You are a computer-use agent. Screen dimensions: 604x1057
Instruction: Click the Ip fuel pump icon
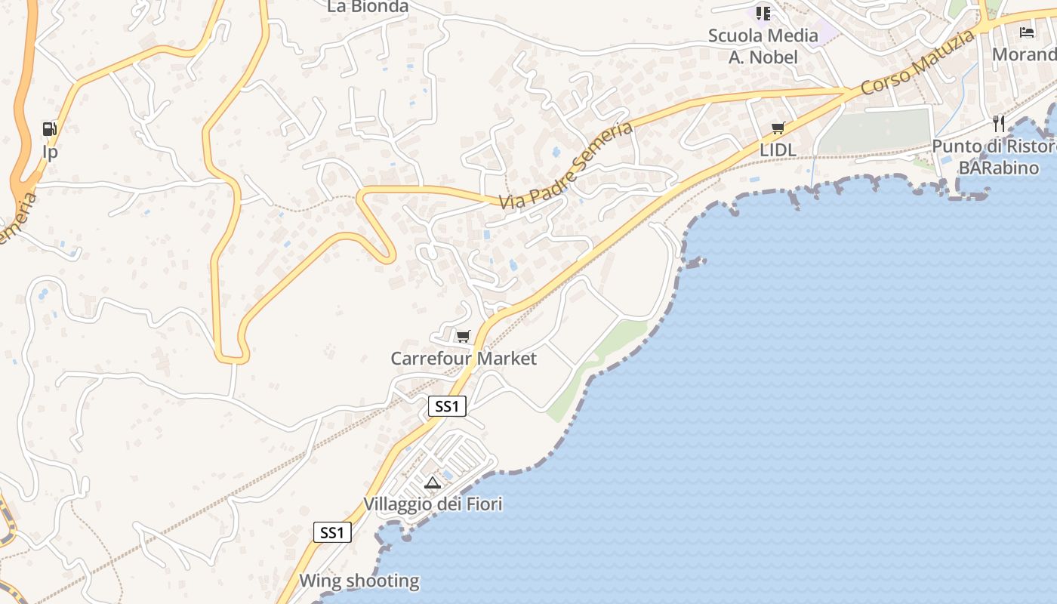pos(50,129)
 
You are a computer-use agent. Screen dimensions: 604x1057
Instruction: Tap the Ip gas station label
pos(50,153)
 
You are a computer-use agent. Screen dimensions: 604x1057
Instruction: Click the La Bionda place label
pos(368,7)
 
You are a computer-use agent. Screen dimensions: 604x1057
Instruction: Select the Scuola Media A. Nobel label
pos(763,46)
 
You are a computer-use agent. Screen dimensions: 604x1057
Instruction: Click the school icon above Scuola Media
pos(763,13)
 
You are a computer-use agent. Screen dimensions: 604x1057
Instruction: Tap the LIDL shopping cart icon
pos(778,128)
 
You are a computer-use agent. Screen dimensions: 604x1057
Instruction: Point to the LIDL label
pos(778,150)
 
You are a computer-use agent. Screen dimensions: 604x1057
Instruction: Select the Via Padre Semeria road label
pos(566,165)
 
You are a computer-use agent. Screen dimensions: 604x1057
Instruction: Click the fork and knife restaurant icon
pos(999,124)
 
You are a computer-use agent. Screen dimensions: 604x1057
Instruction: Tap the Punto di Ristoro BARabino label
pos(994,157)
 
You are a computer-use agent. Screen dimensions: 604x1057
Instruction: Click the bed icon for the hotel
pos(1027,32)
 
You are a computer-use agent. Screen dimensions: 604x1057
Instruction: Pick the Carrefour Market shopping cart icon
pos(463,336)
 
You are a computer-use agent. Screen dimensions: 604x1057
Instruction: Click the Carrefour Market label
pos(464,359)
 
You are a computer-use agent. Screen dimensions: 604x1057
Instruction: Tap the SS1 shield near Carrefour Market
pos(447,406)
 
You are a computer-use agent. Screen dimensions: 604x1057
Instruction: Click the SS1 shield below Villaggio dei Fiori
pos(332,532)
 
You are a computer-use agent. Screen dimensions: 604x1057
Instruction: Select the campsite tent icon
pos(433,482)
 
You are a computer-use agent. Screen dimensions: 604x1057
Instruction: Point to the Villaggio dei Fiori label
pos(433,504)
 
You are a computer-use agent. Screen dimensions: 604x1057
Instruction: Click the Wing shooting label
pos(359,581)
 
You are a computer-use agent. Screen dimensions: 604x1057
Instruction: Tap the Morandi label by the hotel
pos(1024,54)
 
